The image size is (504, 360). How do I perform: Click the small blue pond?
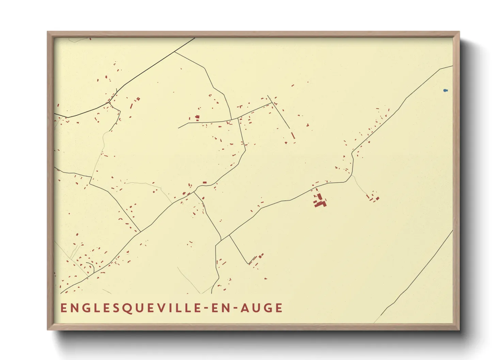(445, 91)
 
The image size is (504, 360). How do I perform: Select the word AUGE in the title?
(262, 308)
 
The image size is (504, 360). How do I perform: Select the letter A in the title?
(245, 308)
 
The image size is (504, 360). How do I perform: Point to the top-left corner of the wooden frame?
(48, 32)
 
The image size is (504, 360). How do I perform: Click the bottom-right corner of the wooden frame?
(459, 329)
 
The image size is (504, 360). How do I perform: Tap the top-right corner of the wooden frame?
(459, 32)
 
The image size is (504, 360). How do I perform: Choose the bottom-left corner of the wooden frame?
(48, 329)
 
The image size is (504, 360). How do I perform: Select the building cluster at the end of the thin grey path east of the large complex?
(373, 198)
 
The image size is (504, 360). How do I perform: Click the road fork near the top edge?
(175, 52)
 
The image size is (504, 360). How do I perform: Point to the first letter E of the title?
(63, 308)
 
